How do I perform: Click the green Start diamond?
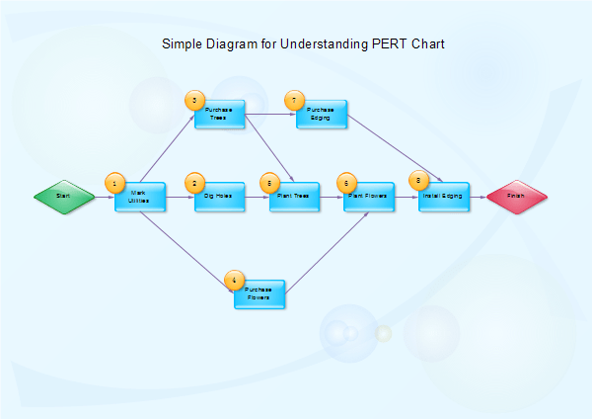tap(63, 197)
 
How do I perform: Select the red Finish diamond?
tap(516, 197)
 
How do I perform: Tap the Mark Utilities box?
tap(140, 197)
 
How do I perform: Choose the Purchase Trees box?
tap(219, 114)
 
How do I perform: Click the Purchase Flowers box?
tap(259, 294)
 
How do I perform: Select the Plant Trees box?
tap(295, 197)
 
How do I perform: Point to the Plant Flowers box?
tap(370, 197)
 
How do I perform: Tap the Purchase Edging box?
tap(322, 114)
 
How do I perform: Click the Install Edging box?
tap(443, 197)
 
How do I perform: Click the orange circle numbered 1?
tap(115, 183)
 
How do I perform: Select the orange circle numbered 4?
tap(234, 281)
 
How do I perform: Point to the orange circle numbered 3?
tap(195, 100)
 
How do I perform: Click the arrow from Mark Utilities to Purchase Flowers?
tap(187, 247)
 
